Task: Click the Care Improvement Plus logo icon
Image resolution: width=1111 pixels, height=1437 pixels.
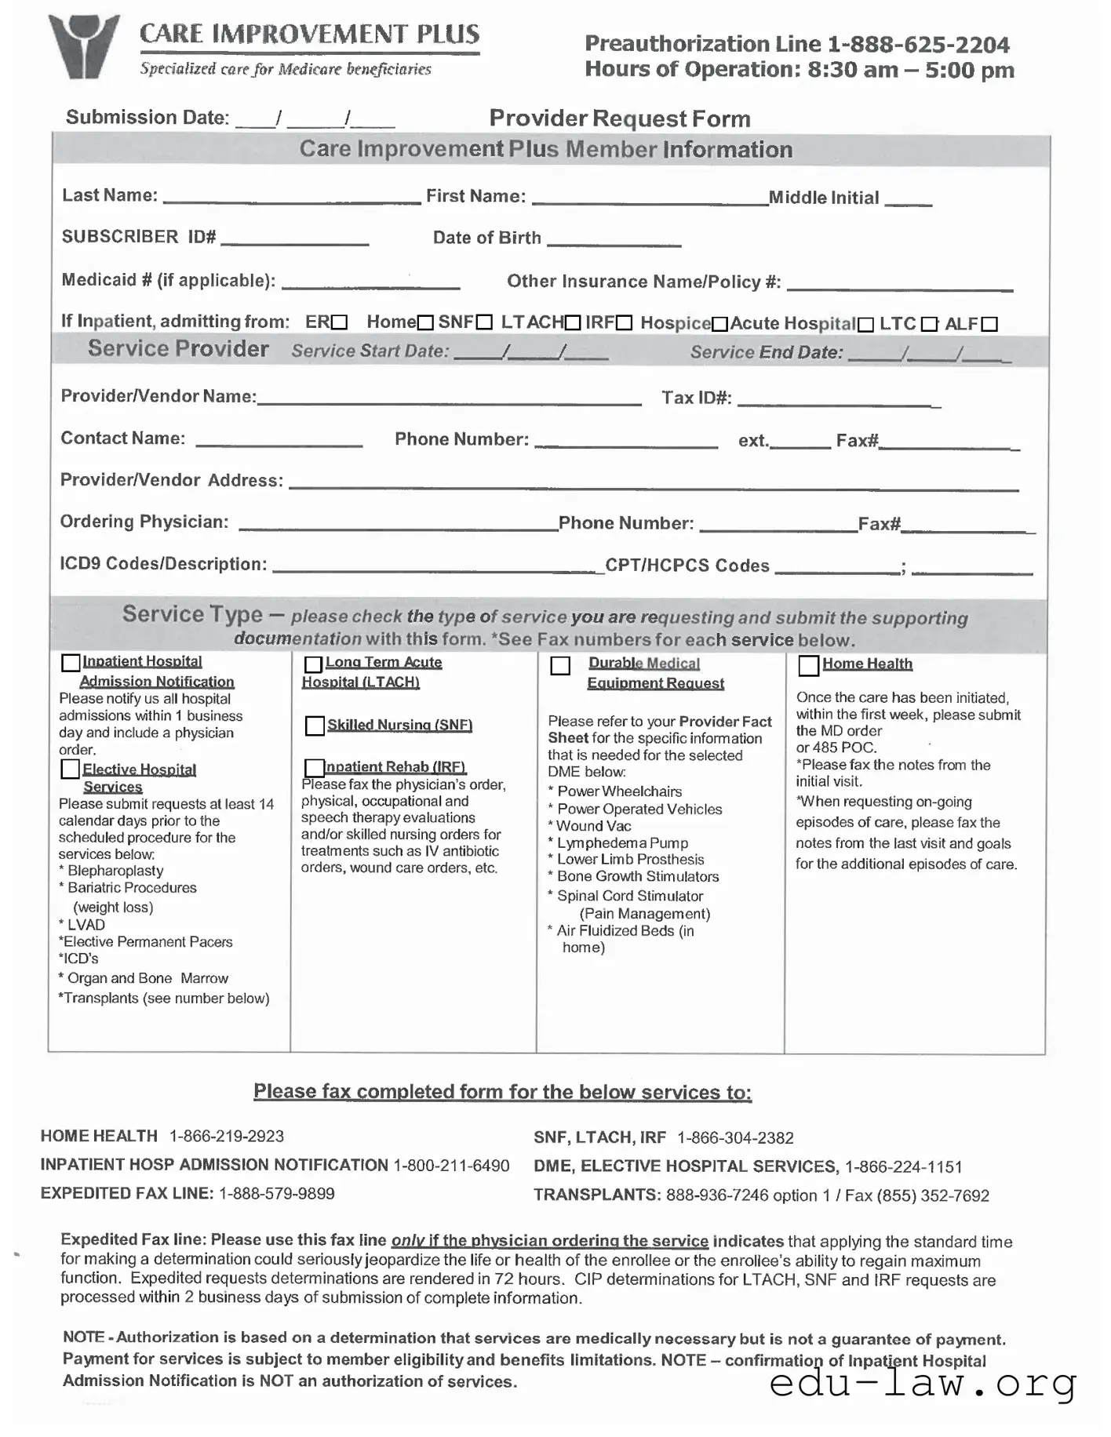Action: (x=82, y=46)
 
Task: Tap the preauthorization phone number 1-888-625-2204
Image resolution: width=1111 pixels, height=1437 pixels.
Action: (x=918, y=45)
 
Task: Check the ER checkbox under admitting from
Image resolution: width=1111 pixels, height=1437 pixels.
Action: (x=339, y=322)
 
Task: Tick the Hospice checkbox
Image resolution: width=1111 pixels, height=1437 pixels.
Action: (x=719, y=324)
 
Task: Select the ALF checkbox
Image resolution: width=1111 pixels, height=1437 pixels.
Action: (x=989, y=324)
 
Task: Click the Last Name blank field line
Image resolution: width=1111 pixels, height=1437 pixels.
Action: (x=291, y=199)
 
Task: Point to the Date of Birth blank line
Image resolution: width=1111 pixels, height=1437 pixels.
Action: (x=614, y=242)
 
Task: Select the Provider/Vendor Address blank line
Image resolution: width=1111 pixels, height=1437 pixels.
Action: (x=653, y=486)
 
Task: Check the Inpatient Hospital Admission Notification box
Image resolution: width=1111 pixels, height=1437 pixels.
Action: (x=71, y=663)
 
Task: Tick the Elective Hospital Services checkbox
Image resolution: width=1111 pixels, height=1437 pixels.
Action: (x=70, y=769)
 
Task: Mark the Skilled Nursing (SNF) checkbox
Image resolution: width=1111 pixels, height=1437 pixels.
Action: (x=315, y=726)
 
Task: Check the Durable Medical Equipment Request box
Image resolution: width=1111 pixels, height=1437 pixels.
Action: (x=560, y=666)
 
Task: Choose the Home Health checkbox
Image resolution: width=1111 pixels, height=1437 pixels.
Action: (x=808, y=665)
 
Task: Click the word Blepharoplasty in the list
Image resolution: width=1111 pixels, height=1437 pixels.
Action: (x=115, y=871)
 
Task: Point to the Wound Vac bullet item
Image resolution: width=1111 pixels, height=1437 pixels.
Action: (x=604, y=826)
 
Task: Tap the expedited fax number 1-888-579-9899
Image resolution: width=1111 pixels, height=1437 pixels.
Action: (x=276, y=1193)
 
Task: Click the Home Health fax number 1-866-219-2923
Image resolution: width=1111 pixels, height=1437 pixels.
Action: (x=227, y=1136)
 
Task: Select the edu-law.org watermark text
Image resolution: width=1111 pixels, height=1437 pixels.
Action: (x=922, y=1383)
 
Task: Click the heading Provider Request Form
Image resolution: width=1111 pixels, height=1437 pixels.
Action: (x=620, y=118)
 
